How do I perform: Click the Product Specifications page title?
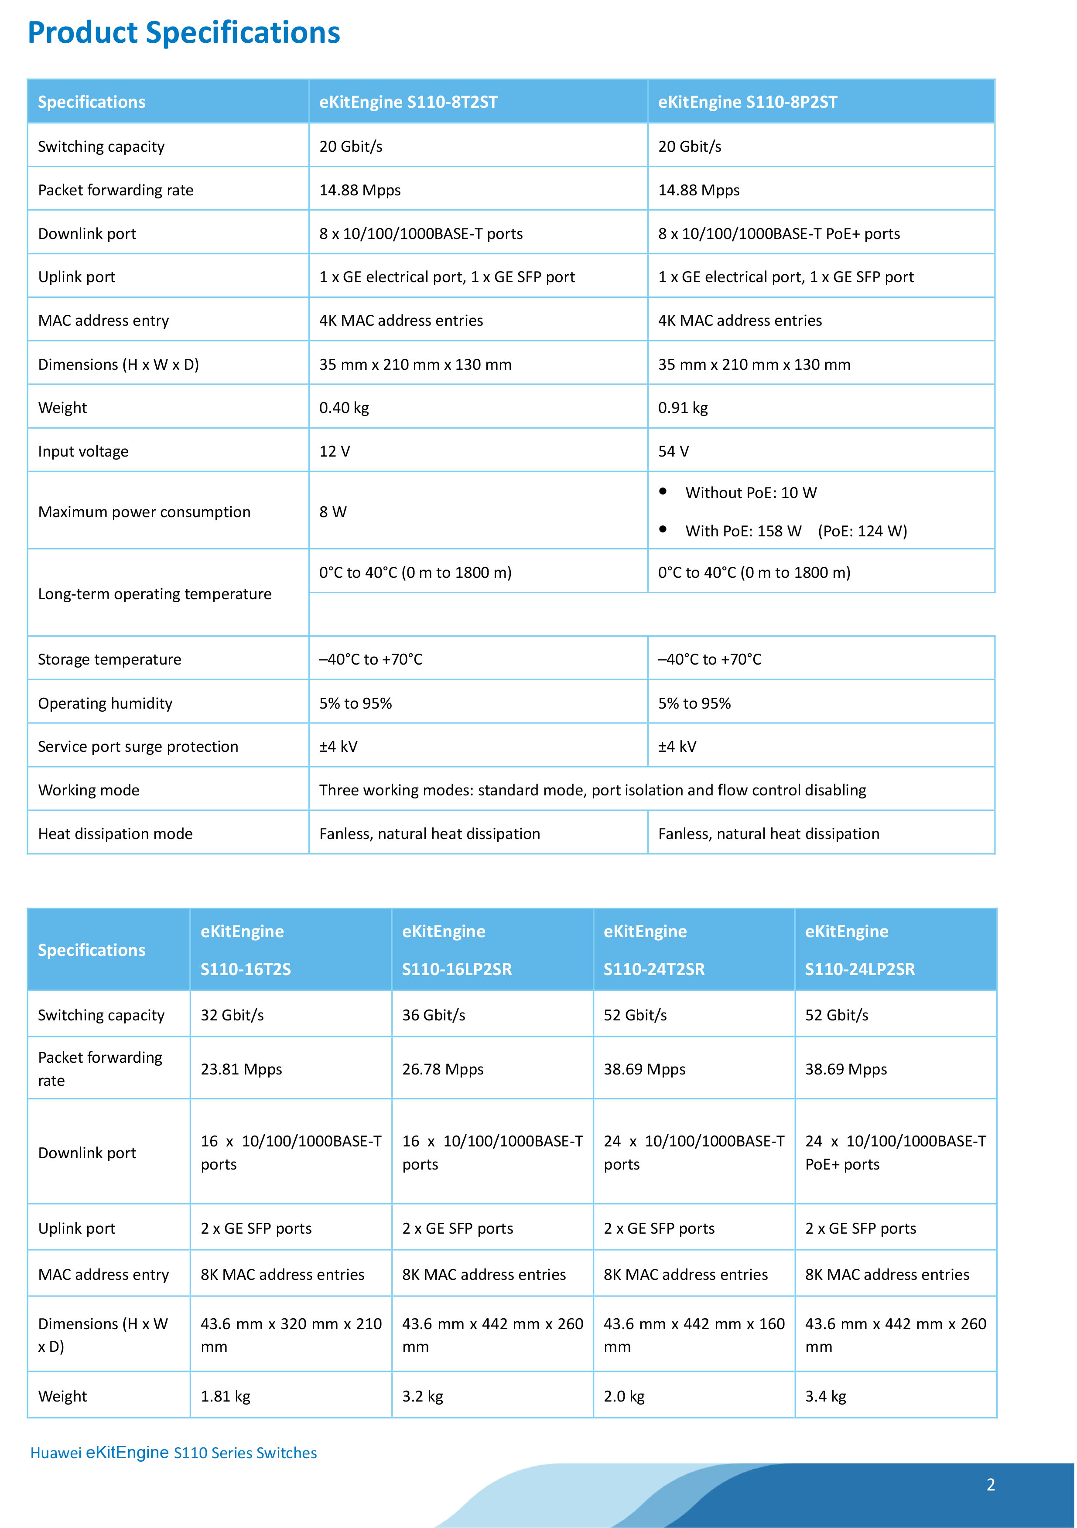[184, 33]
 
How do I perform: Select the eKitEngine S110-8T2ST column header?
[408, 102]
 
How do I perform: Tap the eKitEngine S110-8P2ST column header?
[748, 102]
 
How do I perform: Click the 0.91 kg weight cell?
[683, 408]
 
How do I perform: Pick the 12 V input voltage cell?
[335, 451]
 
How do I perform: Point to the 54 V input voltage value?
[674, 451]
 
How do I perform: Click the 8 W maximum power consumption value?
[333, 512]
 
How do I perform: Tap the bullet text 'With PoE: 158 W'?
[743, 531]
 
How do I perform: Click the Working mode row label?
[89, 790]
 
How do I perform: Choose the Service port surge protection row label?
[138, 747]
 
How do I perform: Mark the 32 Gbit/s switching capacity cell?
[232, 1015]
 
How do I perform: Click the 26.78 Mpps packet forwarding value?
[443, 1069]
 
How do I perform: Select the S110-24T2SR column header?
[653, 950]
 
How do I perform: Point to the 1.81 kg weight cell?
[226, 1396]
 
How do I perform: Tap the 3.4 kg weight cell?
[825, 1396]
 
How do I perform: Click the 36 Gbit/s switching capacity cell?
[433, 1015]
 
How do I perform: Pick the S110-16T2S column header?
[246, 950]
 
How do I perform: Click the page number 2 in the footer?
[991, 1485]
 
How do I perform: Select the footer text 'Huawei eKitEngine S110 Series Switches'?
[174, 1453]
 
